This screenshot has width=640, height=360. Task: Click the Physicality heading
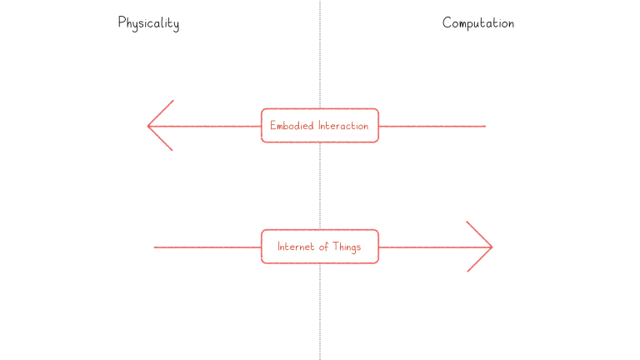(x=148, y=23)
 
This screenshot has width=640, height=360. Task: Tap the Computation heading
(x=478, y=22)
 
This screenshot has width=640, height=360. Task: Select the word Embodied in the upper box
(x=292, y=126)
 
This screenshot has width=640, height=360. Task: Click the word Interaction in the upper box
(x=343, y=126)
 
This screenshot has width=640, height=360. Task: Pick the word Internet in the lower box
(x=296, y=247)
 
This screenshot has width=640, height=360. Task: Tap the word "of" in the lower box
(x=323, y=247)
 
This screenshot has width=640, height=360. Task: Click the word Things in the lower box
(x=347, y=247)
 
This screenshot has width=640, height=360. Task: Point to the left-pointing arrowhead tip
(x=147, y=126)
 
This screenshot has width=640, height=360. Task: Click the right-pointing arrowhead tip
(x=492, y=247)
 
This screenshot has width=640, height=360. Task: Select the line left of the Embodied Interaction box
(x=204, y=126)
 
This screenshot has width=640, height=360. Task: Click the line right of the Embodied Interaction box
(x=432, y=126)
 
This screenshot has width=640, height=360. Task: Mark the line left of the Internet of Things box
(x=207, y=247)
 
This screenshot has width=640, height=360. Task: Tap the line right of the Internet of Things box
(x=436, y=247)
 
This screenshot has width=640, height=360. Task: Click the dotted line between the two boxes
(x=320, y=186)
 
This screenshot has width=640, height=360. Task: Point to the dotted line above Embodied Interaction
(x=320, y=54)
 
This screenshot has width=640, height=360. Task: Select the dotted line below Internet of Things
(x=320, y=312)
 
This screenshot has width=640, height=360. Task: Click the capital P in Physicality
(x=122, y=22)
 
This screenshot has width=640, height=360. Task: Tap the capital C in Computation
(x=447, y=22)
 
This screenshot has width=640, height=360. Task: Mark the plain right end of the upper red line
(x=486, y=126)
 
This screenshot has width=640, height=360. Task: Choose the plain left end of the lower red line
(x=154, y=247)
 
